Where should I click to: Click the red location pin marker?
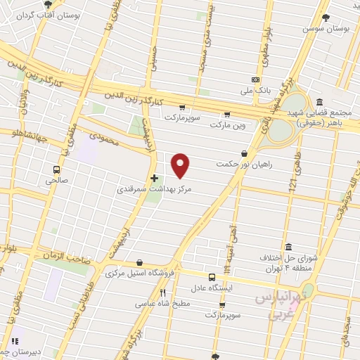[x=181, y=165]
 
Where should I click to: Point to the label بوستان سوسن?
[x=326, y=29]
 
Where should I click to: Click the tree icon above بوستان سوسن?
[x=326, y=18]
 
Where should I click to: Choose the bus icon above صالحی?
[x=56, y=169]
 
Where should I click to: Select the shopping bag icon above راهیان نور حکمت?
[x=244, y=153]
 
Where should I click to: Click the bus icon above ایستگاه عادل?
[x=211, y=277]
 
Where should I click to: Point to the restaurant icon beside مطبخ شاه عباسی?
[x=162, y=292]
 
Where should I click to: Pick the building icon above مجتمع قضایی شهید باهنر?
[x=321, y=101]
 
